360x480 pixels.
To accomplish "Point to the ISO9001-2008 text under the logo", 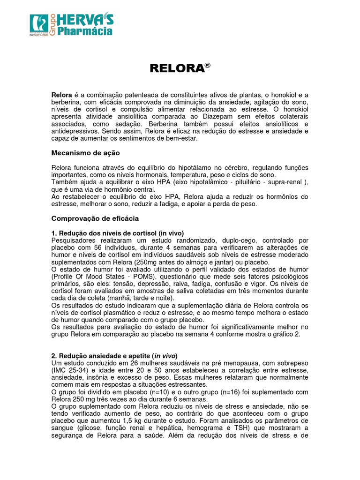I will [39, 35].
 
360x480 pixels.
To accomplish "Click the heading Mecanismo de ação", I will [85, 153].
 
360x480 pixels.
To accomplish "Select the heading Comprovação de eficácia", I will [95, 218].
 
